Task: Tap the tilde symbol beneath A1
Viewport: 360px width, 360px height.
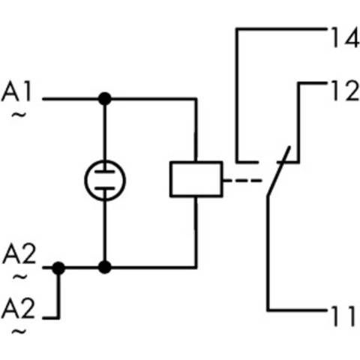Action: [x=18, y=115]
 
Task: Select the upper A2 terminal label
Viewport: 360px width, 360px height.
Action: [x=19, y=254]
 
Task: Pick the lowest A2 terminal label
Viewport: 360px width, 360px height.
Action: [x=19, y=307]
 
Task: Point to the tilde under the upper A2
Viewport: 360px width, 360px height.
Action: [x=19, y=276]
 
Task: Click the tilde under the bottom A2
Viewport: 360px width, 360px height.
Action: [x=19, y=328]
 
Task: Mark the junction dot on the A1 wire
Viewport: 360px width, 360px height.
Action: [x=105, y=98]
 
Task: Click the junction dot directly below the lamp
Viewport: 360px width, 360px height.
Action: [x=105, y=266]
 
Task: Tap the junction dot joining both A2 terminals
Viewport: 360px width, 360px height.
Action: [x=59, y=266]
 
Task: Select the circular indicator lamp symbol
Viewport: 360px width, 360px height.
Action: [x=105, y=180]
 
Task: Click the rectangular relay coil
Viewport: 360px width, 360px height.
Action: [x=195, y=179]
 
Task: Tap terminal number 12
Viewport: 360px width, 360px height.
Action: [x=341, y=91]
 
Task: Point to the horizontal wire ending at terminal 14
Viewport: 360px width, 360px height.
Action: [x=281, y=30]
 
